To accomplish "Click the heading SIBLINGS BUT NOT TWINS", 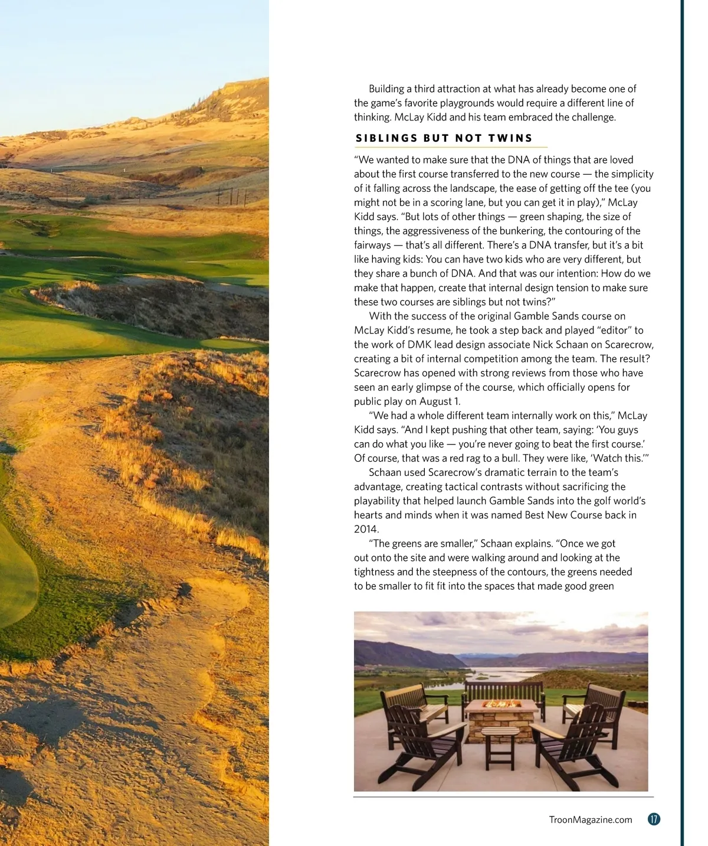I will point(444,138).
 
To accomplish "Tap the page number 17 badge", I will point(653,819).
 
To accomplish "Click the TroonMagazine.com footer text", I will point(590,819).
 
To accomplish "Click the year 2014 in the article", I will point(366,529).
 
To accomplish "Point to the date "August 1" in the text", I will point(439,401).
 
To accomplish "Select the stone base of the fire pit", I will point(501,721).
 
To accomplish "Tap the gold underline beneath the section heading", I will point(451,147).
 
